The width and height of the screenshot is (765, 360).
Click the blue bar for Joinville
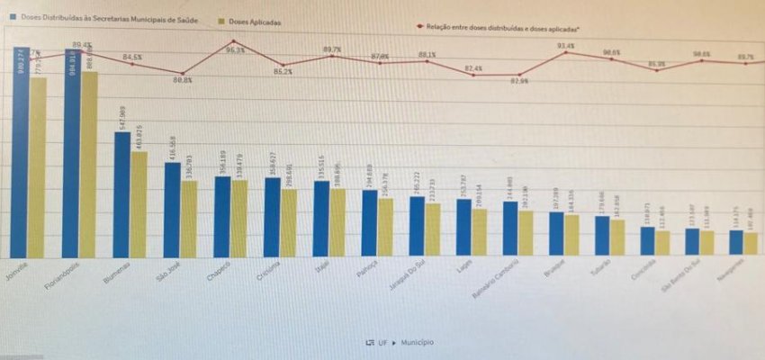point(20,153)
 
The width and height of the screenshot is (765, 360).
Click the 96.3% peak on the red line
point(234,41)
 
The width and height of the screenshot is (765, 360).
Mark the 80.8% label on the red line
point(183,80)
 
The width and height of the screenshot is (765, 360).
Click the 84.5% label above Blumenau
point(132,58)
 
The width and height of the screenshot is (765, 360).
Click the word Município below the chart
point(417,342)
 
